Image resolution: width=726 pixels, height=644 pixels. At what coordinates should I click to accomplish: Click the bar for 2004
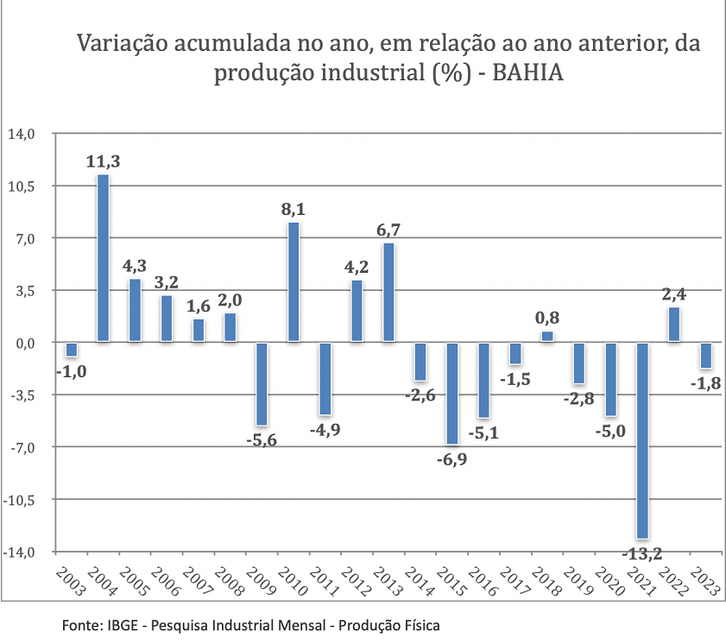tap(103, 258)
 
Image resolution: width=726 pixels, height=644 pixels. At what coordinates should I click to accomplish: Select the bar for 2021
tap(642, 440)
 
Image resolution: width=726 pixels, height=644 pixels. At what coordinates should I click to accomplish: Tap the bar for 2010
tap(294, 282)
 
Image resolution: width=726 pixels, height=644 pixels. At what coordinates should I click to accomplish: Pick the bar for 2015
tap(452, 393)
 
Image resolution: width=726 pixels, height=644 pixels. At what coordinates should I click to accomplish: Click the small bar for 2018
tap(547, 337)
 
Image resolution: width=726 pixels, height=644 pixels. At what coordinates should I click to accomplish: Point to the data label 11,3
tap(103, 161)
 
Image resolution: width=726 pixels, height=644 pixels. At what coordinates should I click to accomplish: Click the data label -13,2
tap(642, 553)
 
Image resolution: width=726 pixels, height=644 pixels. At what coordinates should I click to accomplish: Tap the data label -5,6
tap(262, 440)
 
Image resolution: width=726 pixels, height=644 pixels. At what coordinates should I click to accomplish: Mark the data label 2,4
tap(674, 294)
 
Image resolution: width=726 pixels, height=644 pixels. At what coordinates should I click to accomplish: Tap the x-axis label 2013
tap(385, 584)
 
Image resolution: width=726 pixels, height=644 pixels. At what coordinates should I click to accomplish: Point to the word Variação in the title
tap(120, 43)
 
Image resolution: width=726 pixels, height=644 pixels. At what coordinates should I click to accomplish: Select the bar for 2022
tap(674, 325)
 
